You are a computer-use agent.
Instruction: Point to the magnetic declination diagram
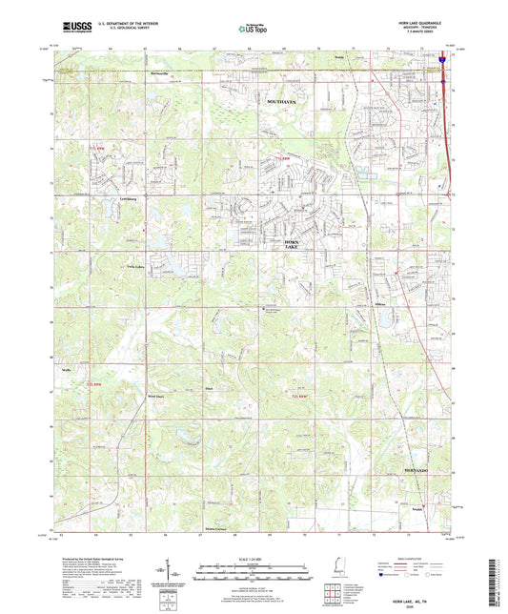[176, 573]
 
